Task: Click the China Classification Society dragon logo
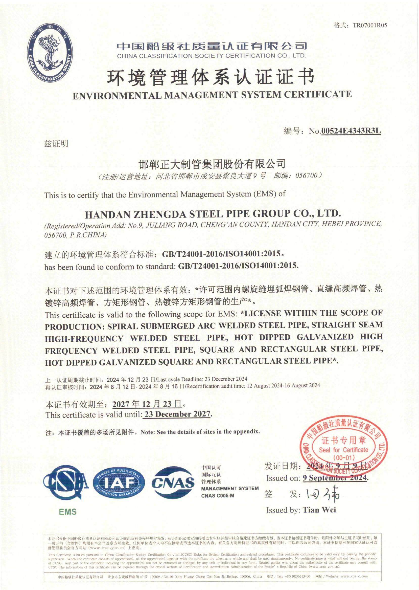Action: tap(50, 53)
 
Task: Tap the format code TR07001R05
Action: tap(370, 25)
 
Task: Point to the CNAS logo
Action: tap(173, 482)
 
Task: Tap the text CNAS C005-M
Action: tap(218, 496)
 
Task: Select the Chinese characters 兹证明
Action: tap(56, 144)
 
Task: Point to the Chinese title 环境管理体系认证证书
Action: tap(211, 77)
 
